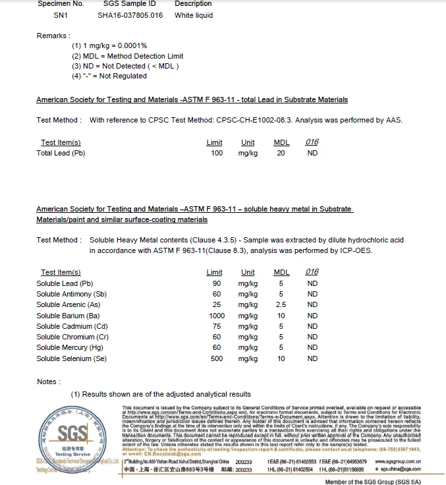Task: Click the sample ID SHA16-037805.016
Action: tap(130, 15)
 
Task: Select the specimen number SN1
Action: tap(51, 15)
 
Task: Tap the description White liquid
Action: tap(194, 15)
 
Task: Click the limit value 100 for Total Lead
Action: tap(216, 153)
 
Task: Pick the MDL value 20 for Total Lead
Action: tap(281, 153)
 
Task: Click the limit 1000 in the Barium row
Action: tap(216, 316)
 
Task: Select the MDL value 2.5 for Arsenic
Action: tap(281, 305)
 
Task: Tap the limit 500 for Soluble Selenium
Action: tap(216, 358)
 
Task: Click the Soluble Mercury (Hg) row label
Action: tap(70, 348)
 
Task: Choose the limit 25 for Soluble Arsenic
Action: tap(216, 305)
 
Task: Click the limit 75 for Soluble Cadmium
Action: tap(216, 326)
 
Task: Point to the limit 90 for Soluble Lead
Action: tap(216, 283)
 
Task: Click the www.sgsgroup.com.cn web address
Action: tap(398, 462)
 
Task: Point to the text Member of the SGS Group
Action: tap(373, 481)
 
